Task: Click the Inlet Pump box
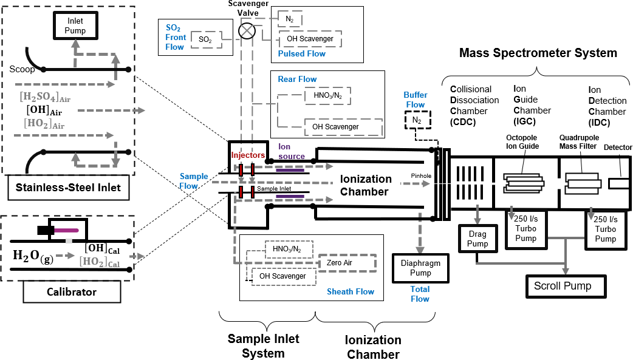[x=75, y=26]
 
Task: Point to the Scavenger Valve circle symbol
[x=247, y=30]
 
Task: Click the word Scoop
[x=22, y=69]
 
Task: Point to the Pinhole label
[x=420, y=176]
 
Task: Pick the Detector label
[x=618, y=148]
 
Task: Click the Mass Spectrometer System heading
[x=538, y=53]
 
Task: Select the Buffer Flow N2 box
[x=416, y=120]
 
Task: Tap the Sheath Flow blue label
[x=351, y=292]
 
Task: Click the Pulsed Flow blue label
[x=301, y=54]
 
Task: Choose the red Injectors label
[x=247, y=155]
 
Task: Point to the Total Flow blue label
[x=420, y=294]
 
